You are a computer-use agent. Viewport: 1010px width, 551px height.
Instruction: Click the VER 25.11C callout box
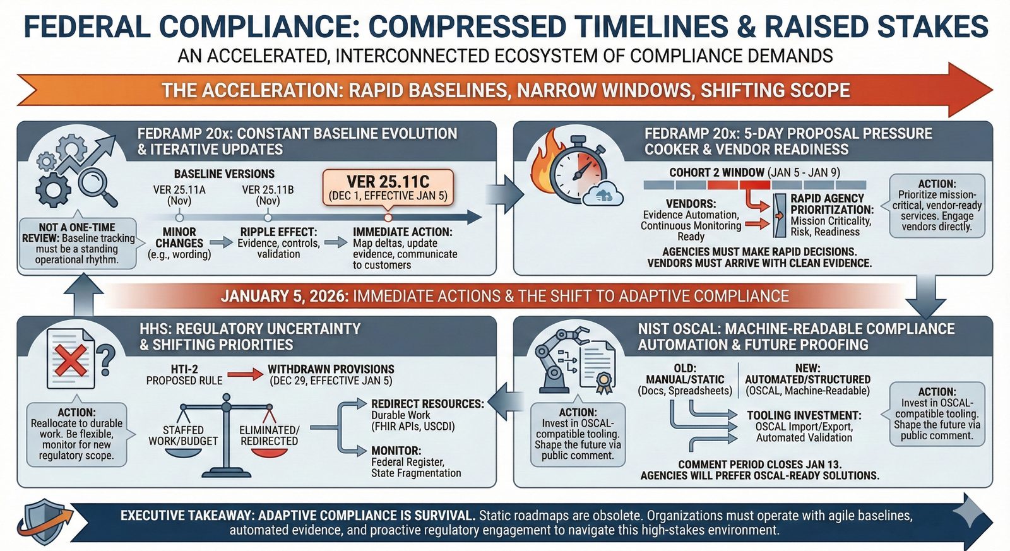click(x=388, y=188)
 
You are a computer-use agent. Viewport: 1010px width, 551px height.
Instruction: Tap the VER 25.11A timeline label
click(x=179, y=195)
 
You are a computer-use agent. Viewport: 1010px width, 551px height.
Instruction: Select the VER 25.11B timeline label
click(x=268, y=195)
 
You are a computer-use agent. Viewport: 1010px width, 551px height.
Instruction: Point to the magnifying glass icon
click(x=97, y=187)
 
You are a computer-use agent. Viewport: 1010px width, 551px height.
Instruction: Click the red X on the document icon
click(x=70, y=360)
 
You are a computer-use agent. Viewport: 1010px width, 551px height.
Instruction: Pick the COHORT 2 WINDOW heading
click(x=717, y=172)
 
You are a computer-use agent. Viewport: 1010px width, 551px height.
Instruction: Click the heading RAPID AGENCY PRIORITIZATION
click(x=833, y=204)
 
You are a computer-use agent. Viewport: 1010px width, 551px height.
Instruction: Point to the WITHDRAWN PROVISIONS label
click(x=331, y=369)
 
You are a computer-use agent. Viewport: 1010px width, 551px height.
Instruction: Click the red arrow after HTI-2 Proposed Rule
click(x=245, y=374)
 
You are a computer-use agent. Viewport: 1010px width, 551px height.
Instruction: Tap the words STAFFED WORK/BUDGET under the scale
click(x=183, y=435)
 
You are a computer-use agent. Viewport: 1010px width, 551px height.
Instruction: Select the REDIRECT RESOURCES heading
click(x=427, y=403)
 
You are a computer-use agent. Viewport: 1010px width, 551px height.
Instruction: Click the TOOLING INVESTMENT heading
click(x=804, y=415)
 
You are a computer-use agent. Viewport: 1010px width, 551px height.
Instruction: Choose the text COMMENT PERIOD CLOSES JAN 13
click(x=760, y=465)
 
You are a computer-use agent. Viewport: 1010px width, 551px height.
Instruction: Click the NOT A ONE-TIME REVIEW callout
click(x=78, y=244)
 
